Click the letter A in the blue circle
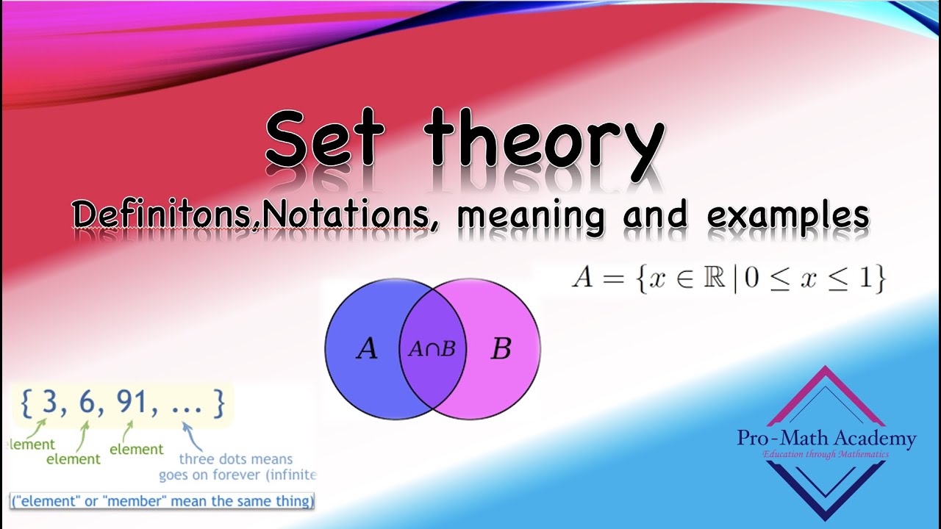(x=366, y=350)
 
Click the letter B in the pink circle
(x=501, y=350)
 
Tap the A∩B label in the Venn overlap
(x=432, y=350)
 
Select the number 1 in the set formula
(x=859, y=280)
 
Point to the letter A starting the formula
(x=583, y=280)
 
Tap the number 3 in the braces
(x=49, y=403)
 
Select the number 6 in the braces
(x=88, y=403)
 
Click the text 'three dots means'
(x=235, y=460)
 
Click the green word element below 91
(x=137, y=449)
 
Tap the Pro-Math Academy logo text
(x=826, y=439)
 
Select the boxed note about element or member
(x=162, y=501)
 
